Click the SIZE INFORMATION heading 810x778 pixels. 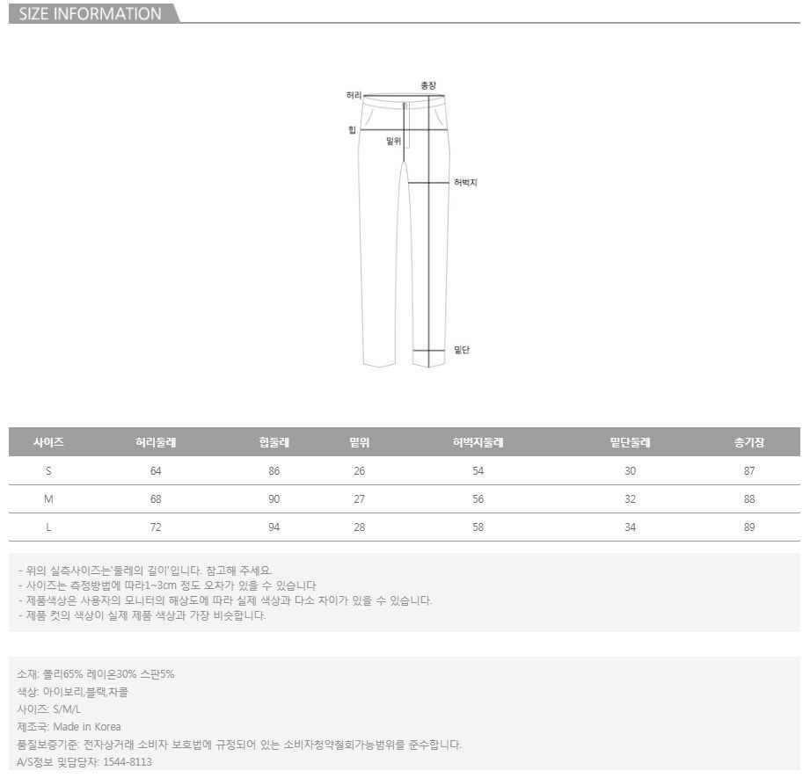tap(90, 14)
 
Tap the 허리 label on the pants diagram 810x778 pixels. tap(354, 96)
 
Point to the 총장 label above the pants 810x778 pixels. tap(428, 85)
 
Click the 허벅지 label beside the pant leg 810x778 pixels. tap(465, 182)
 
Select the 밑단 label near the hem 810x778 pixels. tap(462, 350)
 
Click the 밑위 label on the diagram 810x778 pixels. tap(394, 141)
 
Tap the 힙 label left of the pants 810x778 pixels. tap(353, 129)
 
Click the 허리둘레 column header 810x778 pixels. tap(156, 442)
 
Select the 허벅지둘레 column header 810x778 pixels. tap(478, 442)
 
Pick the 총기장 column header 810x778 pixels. tap(749, 442)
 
